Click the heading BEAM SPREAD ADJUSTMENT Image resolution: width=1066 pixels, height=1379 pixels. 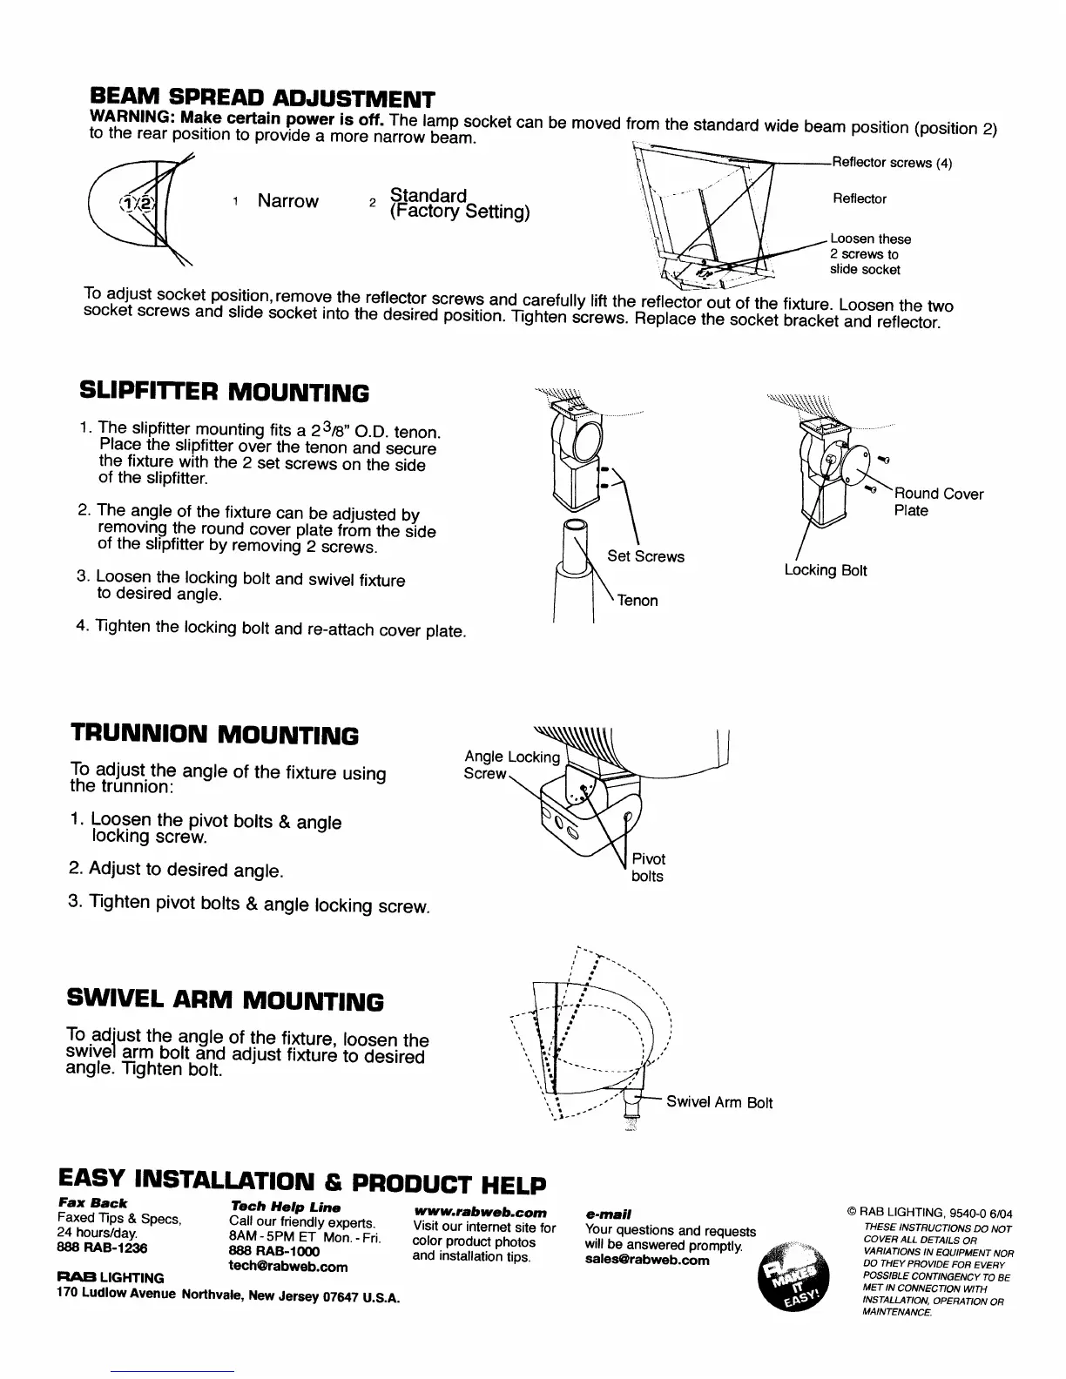click(262, 97)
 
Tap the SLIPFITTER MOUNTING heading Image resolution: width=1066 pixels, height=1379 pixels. click(224, 393)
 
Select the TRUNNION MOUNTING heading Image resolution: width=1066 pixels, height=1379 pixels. click(213, 735)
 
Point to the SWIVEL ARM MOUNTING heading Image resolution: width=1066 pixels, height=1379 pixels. click(225, 1001)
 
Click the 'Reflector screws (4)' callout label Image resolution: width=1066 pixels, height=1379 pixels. click(892, 163)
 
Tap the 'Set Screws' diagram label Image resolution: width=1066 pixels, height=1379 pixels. click(645, 556)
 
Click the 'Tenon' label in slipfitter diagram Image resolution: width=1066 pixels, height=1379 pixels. click(638, 601)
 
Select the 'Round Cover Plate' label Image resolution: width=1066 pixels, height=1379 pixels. click(939, 501)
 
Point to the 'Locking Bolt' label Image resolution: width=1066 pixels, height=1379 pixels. click(826, 570)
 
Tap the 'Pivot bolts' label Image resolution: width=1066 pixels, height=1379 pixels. click(648, 867)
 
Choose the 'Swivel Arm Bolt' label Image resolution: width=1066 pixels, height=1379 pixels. click(719, 1103)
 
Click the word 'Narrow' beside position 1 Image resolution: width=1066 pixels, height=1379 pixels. click(287, 202)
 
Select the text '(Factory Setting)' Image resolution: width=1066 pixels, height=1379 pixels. click(460, 212)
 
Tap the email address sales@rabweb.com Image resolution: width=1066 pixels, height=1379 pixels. click(647, 1259)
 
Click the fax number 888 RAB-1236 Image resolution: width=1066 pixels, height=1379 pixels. click(102, 1248)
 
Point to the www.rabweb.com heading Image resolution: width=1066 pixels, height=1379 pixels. click(482, 1212)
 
